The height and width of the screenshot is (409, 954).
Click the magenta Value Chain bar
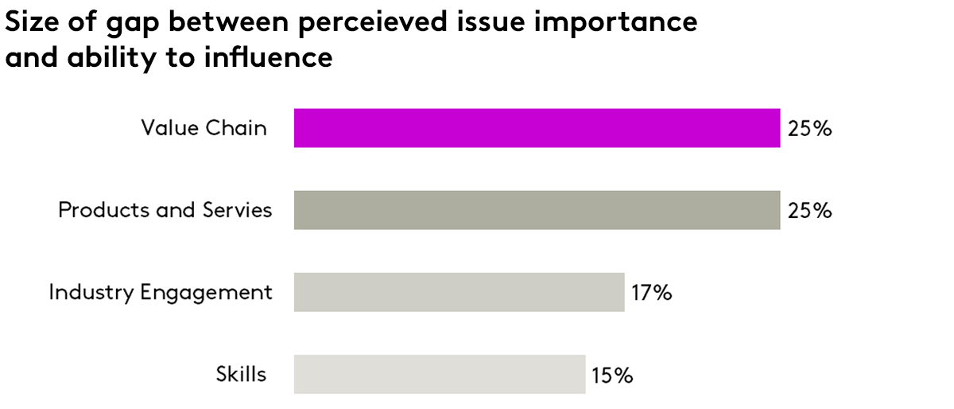click(x=537, y=128)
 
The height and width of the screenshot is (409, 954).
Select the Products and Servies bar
click(x=537, y=210)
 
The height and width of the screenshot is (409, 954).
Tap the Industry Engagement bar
click(x=459, y=292)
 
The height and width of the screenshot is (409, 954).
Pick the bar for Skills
click(x=440, y=374)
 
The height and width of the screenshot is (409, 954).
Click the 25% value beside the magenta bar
click(x=809, y=129)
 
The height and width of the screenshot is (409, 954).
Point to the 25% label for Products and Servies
click(x=809, y=211)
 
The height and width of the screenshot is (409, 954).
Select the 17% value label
click(x=652, y=293)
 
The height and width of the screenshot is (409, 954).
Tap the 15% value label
click(x=611, y=375)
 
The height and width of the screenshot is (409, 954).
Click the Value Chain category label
click(x=204, y=128)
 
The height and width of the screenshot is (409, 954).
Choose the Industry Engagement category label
click(x=161, y=292)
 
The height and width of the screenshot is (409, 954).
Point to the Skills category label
click(x=241, y=374)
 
